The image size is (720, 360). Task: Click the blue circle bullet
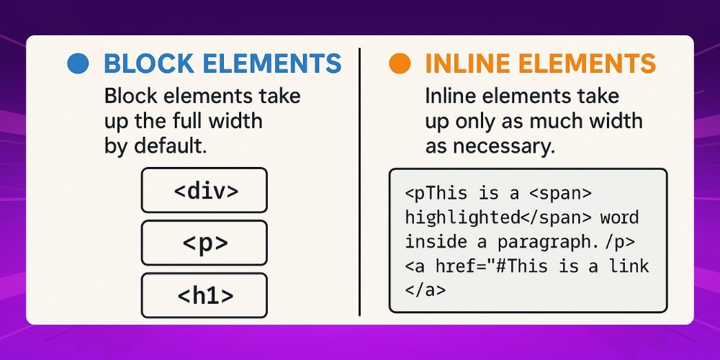pos(77,64)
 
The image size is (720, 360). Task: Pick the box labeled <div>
pos(204,192)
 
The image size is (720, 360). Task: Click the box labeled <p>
pos(204,243)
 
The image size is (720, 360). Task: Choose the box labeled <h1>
pos(204,295)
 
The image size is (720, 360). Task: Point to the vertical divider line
pos(359,180)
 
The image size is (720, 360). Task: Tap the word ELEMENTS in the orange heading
pos(595,64)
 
